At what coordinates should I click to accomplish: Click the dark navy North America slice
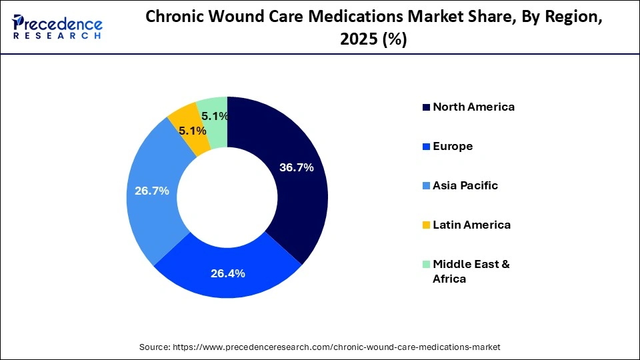click(x=293, y=200)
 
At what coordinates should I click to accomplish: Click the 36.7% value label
click(x=296, y=167)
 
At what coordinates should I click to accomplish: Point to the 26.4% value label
click(x=228, y=273)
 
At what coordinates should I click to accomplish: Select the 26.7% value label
click(x=152, y=191)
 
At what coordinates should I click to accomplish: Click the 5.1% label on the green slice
click(x=215, y=116)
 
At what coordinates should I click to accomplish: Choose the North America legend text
click(x=473, y=107)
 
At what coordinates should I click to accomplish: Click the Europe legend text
click(x=453, y=146)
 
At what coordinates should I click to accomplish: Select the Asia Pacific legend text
click(x=465, y=185)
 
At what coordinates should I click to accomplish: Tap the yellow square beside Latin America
click(x=425, y=225)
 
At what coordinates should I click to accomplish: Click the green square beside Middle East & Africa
click(x=425, y=265)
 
